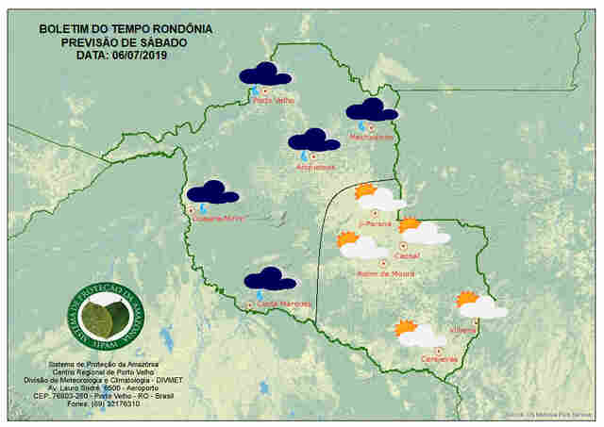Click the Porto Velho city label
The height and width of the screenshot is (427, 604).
(275, 100)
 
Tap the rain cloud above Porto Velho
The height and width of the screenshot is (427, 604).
(264, 74)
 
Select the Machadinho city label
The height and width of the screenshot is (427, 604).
(371, 138)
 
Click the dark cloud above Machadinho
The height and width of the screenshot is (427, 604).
(371, 109)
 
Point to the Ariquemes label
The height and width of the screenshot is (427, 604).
(315, 168)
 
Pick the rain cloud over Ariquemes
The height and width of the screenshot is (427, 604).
(313, 140)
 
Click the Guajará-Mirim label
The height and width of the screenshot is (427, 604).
(218, 218)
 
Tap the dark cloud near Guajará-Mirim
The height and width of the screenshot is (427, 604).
(212, 192)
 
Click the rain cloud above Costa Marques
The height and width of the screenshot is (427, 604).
(270, 279)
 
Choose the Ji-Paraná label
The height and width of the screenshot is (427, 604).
(376, 224)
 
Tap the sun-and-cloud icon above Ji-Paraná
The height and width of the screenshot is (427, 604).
(378, 198)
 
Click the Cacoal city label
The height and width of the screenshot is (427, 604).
(409, 255)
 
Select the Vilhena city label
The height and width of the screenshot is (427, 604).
(463, 330)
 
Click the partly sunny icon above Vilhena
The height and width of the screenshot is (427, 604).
(481, 304)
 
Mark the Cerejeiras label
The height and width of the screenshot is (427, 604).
(440, 359)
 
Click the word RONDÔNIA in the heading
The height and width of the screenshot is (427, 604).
(179, 29)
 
